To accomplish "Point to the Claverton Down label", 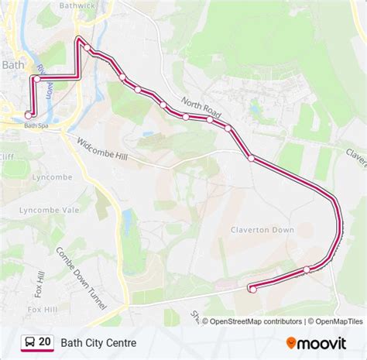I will (262, 230).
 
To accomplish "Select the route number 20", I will (45, 341).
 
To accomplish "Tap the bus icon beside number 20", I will (28, 341).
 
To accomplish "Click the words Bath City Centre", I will (99, 341).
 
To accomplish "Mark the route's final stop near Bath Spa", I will (29, 115).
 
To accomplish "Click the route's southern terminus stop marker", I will (252, 289).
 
